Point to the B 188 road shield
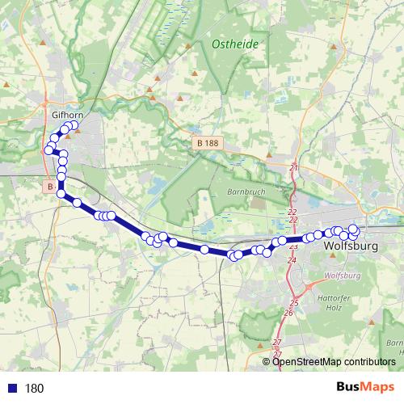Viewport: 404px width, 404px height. (x=207, y=143)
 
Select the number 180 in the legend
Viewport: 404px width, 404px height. (x=34, y=389)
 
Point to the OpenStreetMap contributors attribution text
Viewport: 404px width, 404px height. (x=334, y=362)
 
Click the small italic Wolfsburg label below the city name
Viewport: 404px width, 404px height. (x=340, y=276)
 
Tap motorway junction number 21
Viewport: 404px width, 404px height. (x=293, y=167)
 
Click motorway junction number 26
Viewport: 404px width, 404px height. (x=288, y=312)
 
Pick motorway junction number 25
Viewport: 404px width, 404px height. (x=294, y=303)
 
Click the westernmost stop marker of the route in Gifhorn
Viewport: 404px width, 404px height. (x=48, y=149)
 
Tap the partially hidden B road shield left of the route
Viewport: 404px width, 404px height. (x=50, y=186)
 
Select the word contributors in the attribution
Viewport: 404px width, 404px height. (x=368, y=362)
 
